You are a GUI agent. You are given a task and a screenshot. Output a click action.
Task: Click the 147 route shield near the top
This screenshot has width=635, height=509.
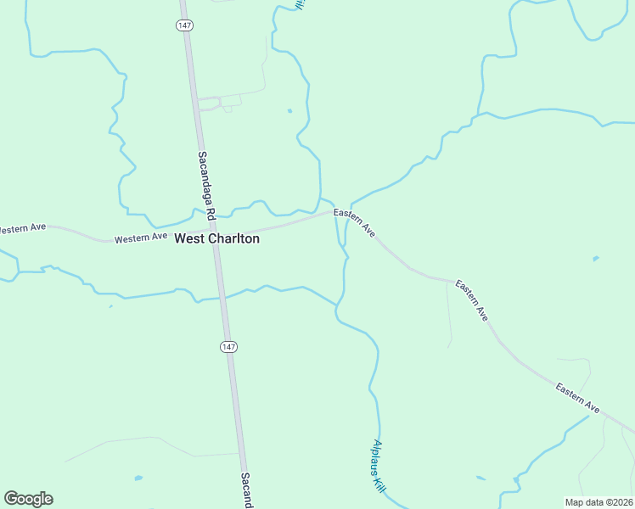tap(185, 25)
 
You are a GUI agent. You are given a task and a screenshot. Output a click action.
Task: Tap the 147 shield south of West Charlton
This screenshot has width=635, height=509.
tap(228, 346)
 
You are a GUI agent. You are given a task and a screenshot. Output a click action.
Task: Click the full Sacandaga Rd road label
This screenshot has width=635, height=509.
tap(205, 189)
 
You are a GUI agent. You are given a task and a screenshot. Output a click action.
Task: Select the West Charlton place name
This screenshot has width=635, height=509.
tap(216, 239)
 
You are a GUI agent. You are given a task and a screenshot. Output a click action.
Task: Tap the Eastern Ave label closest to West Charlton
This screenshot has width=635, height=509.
tap(354, 221)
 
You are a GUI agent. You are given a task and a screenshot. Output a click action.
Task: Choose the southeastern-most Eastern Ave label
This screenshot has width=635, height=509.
tap(578, 399)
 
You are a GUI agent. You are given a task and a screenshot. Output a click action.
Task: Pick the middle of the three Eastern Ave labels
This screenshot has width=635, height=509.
tap(471, 299)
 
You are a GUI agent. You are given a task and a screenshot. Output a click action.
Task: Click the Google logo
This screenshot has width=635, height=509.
tap(28, 499)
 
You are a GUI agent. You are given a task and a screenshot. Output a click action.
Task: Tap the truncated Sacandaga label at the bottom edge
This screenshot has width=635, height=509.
tap(246, 491)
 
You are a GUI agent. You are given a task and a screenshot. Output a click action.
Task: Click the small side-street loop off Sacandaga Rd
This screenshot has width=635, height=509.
tap(219, 103)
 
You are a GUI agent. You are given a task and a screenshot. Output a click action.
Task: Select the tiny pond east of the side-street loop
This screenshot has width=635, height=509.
tap(289, 110)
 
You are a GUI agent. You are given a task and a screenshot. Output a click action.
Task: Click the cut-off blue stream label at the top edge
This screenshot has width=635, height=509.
tap(300, 4)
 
